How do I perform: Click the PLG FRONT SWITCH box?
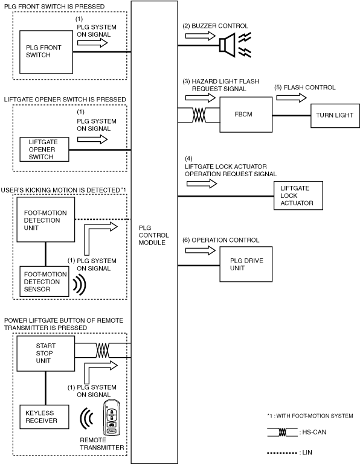[46, 52]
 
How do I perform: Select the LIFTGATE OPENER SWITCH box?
[44, 149]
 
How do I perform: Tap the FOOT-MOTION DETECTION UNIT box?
[46, 220]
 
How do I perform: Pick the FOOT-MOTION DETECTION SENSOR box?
[44, 281]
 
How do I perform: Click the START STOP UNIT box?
[46, 354]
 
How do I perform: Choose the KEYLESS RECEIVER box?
[44, 417]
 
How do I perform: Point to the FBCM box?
[246, 115]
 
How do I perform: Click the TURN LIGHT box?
[335, 116]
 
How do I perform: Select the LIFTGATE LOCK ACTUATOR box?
[298, 195]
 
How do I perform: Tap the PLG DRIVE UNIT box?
[246, 264]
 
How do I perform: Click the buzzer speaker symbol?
[228, 45]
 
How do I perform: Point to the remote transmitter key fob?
[111, 418]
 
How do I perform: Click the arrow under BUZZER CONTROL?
[201, 36]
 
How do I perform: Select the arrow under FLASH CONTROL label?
[291, 98]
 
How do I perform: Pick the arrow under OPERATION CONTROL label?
[201, 250]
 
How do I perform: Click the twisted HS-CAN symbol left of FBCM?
[199, 115]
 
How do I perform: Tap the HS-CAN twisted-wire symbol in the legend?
[282, 433]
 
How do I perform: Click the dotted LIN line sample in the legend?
[281, 453]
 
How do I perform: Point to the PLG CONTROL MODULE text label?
[153, 235]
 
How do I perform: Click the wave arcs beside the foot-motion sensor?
[79, 285]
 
